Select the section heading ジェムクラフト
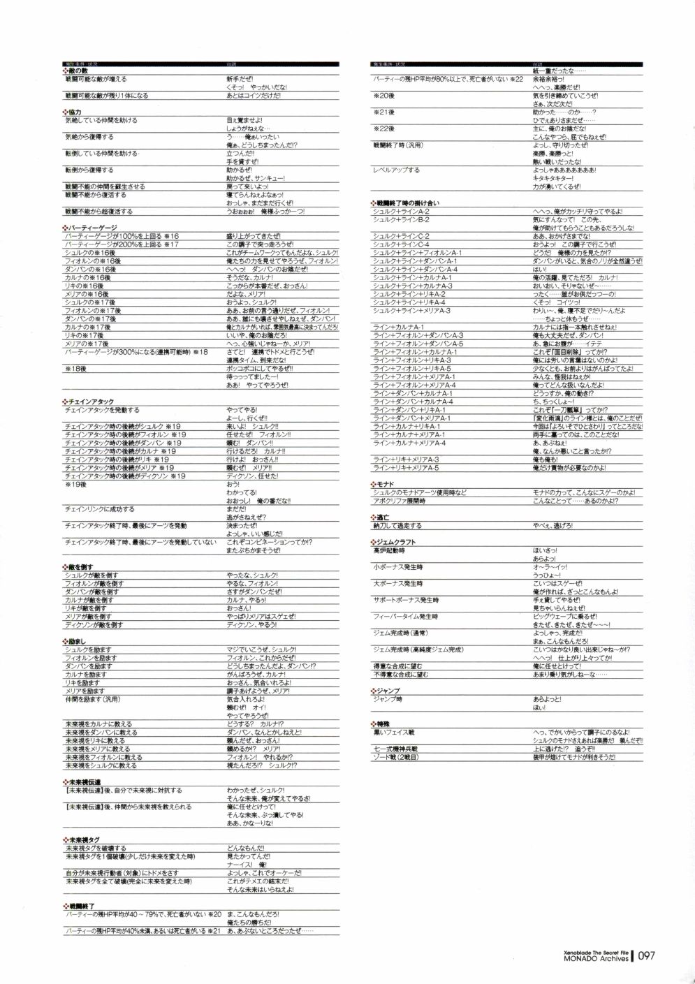pos(396,543)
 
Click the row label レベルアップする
pos(397,170)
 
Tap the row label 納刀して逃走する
pos(398,526)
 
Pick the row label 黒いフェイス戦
pos(394,733)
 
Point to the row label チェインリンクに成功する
pos(100,510)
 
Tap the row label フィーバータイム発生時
pos(405,617)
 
